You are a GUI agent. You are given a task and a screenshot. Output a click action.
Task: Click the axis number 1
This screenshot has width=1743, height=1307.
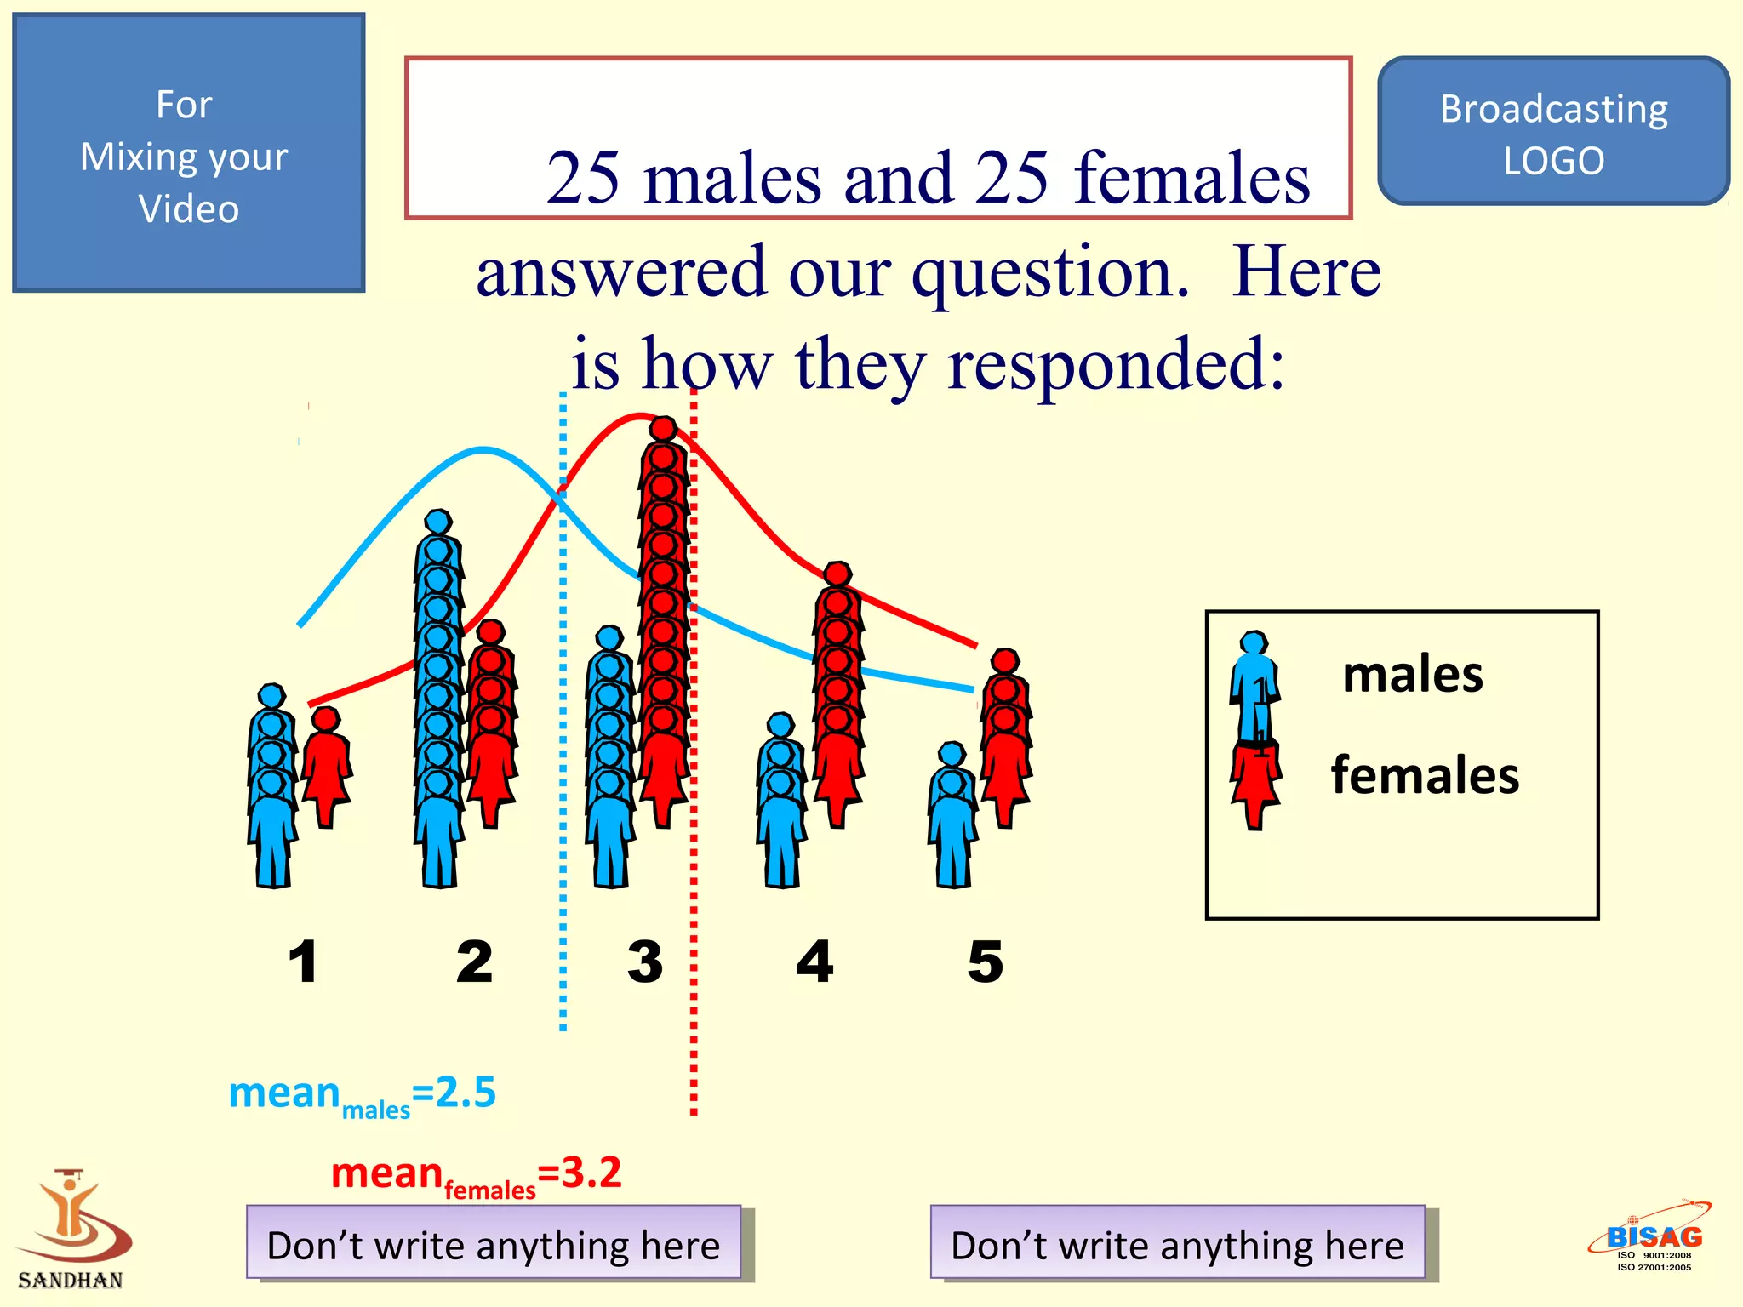303,962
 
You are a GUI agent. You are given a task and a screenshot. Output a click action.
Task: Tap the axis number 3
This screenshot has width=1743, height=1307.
645,962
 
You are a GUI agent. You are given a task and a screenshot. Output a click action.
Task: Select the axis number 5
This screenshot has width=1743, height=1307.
986,962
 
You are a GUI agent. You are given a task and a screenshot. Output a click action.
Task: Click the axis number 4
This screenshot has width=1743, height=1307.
814,962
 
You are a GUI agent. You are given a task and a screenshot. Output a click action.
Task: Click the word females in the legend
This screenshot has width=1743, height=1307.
1425,775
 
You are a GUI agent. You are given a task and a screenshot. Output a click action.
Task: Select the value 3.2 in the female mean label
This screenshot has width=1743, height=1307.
591,1173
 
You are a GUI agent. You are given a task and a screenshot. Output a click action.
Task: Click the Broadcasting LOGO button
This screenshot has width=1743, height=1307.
1553,132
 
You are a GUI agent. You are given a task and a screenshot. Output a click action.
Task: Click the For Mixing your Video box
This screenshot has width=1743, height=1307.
188,153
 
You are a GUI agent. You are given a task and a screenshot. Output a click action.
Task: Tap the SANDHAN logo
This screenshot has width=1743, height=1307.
71,1230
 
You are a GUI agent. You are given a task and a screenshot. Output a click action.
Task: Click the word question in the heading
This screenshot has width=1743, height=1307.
1049,272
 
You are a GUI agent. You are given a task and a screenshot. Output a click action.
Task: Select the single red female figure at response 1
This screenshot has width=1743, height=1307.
326,766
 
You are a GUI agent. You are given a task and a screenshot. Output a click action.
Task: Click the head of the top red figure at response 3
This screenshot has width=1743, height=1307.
663,428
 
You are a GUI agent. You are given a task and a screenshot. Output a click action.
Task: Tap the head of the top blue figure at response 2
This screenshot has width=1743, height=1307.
438,522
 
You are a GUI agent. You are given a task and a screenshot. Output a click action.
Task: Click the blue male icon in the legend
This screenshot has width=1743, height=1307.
1254,685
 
